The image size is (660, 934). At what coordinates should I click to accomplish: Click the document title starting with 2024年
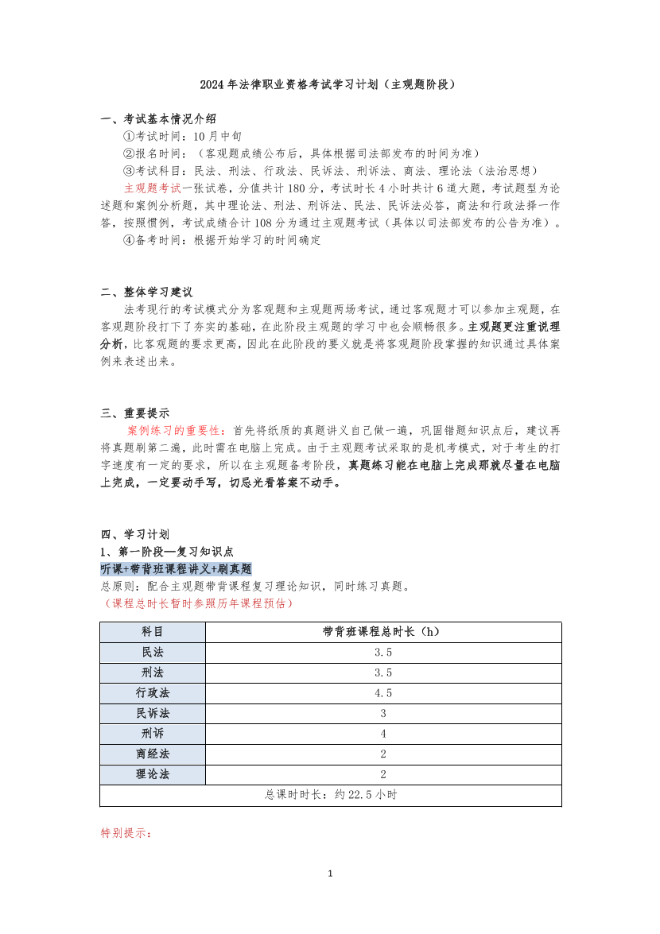(x=329, y=84)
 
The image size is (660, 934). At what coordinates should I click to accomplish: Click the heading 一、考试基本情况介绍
(x=158, y=118)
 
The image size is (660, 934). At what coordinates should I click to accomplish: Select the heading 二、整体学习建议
(x=147, y=292)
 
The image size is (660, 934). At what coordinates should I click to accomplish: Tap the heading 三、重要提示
(x=135, y=413)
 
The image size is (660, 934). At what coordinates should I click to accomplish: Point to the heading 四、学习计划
(x=135, y=533)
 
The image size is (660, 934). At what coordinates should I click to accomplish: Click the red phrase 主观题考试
(x=153, y=188)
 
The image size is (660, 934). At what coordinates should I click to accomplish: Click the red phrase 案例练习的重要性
(x=177, y=430)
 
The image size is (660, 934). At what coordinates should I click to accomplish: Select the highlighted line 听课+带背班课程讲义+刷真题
(x=176, y=569)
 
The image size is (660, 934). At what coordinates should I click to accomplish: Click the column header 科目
(x=153, y=632)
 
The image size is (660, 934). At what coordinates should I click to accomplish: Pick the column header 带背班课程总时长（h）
(x=382, y=632)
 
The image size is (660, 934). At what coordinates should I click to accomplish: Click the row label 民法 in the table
(x=153, y=653)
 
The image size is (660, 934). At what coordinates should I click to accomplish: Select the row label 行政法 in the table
(x=153, y=693)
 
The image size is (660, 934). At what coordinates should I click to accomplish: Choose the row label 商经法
(x=153, y=754)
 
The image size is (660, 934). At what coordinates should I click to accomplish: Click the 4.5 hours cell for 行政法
(x=383, y=693)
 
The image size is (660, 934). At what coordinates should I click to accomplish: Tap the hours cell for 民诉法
(x=383, y=713)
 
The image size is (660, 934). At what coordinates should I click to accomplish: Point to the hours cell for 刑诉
(x=383, y=734)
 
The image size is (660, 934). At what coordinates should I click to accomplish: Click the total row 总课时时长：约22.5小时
(x=331, y=795)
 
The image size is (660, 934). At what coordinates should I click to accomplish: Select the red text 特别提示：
(x=126, y=833)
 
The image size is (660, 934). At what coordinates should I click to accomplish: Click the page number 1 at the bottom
(x=330, y=874)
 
